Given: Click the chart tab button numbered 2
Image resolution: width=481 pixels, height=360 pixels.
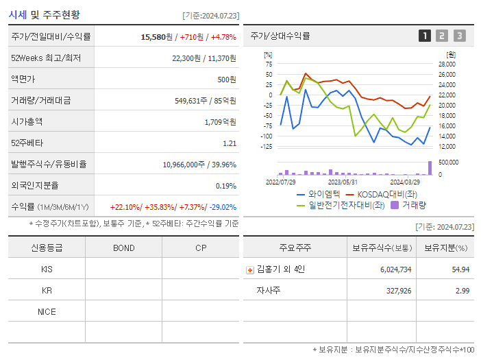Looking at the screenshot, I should tap(442, 36).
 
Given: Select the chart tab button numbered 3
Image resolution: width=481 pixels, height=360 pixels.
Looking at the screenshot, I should tap(459, 36).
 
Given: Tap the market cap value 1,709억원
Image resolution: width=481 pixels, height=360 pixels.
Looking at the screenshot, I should tap(220, 122).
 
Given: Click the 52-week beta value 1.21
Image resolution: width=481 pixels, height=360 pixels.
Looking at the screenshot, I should tap(230, 143).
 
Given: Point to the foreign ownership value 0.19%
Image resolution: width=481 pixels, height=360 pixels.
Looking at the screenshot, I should tap(225, 185).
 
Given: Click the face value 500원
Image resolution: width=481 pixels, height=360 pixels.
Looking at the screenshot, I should tap(226, 80).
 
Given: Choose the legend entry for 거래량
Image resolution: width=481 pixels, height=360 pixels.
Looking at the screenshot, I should tap(414, 204).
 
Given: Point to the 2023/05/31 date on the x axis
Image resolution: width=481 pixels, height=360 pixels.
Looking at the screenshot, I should tap(343, 182).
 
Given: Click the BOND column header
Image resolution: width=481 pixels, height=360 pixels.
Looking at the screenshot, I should tap(123, 248).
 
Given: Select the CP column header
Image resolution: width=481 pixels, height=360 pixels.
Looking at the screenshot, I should tap(200, 248).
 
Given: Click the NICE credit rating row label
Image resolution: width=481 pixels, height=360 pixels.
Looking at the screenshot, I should tap(47, 311).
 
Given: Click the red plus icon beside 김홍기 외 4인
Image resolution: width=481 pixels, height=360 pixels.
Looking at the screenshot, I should tap(250, 269).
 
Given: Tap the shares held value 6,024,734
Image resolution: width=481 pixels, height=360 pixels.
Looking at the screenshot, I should tap(395, 269).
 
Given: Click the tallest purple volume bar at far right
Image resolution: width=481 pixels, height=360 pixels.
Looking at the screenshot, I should tap(430, 168).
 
